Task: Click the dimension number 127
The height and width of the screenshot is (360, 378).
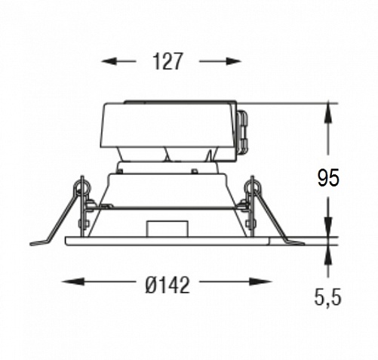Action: pyautogui.click(x=167, y=61)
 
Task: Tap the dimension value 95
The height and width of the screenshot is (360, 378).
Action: pyautogui.click(x=328, y=178)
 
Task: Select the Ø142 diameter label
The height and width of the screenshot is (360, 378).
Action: pyautogui.click(x=167, y=285)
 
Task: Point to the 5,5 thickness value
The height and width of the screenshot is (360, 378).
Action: pyautogui.click(x=328, y=297)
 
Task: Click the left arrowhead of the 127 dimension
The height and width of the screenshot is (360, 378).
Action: pyautogui.click(x=109, y=61)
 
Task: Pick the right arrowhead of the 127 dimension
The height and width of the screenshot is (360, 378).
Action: pyautogui.click(x=233, y=61)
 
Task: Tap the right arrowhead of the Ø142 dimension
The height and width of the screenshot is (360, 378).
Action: pyautogui.click(x=260, y=282)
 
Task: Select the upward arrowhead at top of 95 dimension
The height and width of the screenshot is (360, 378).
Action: pyautogui.click(x=328, y=112)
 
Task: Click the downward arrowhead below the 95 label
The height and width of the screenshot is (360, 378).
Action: pyautogui.click(x=328, y=226)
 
